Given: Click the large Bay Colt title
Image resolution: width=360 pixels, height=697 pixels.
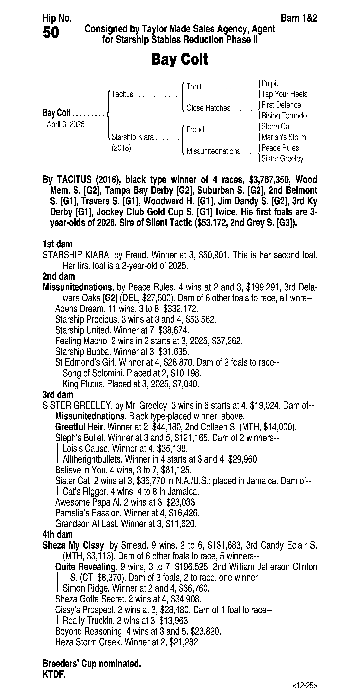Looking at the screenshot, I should click(180, 59).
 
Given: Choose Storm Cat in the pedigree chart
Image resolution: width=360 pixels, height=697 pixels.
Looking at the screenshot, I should click(276, 126).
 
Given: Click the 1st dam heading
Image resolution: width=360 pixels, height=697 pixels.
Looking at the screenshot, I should click(57, 244).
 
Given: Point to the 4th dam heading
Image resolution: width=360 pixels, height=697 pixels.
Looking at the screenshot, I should click(58, 534).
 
